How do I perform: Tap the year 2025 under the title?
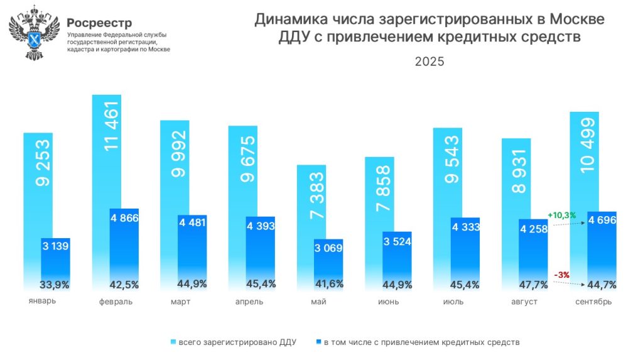point(430,62)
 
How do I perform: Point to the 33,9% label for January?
point(54,285)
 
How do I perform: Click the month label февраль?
point(116,302)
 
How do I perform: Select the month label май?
point(318,302)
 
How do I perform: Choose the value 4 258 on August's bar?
point(533,229)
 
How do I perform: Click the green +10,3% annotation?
point(562,215)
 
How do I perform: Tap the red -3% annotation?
point(561,274)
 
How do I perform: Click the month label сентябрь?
point(593,302)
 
